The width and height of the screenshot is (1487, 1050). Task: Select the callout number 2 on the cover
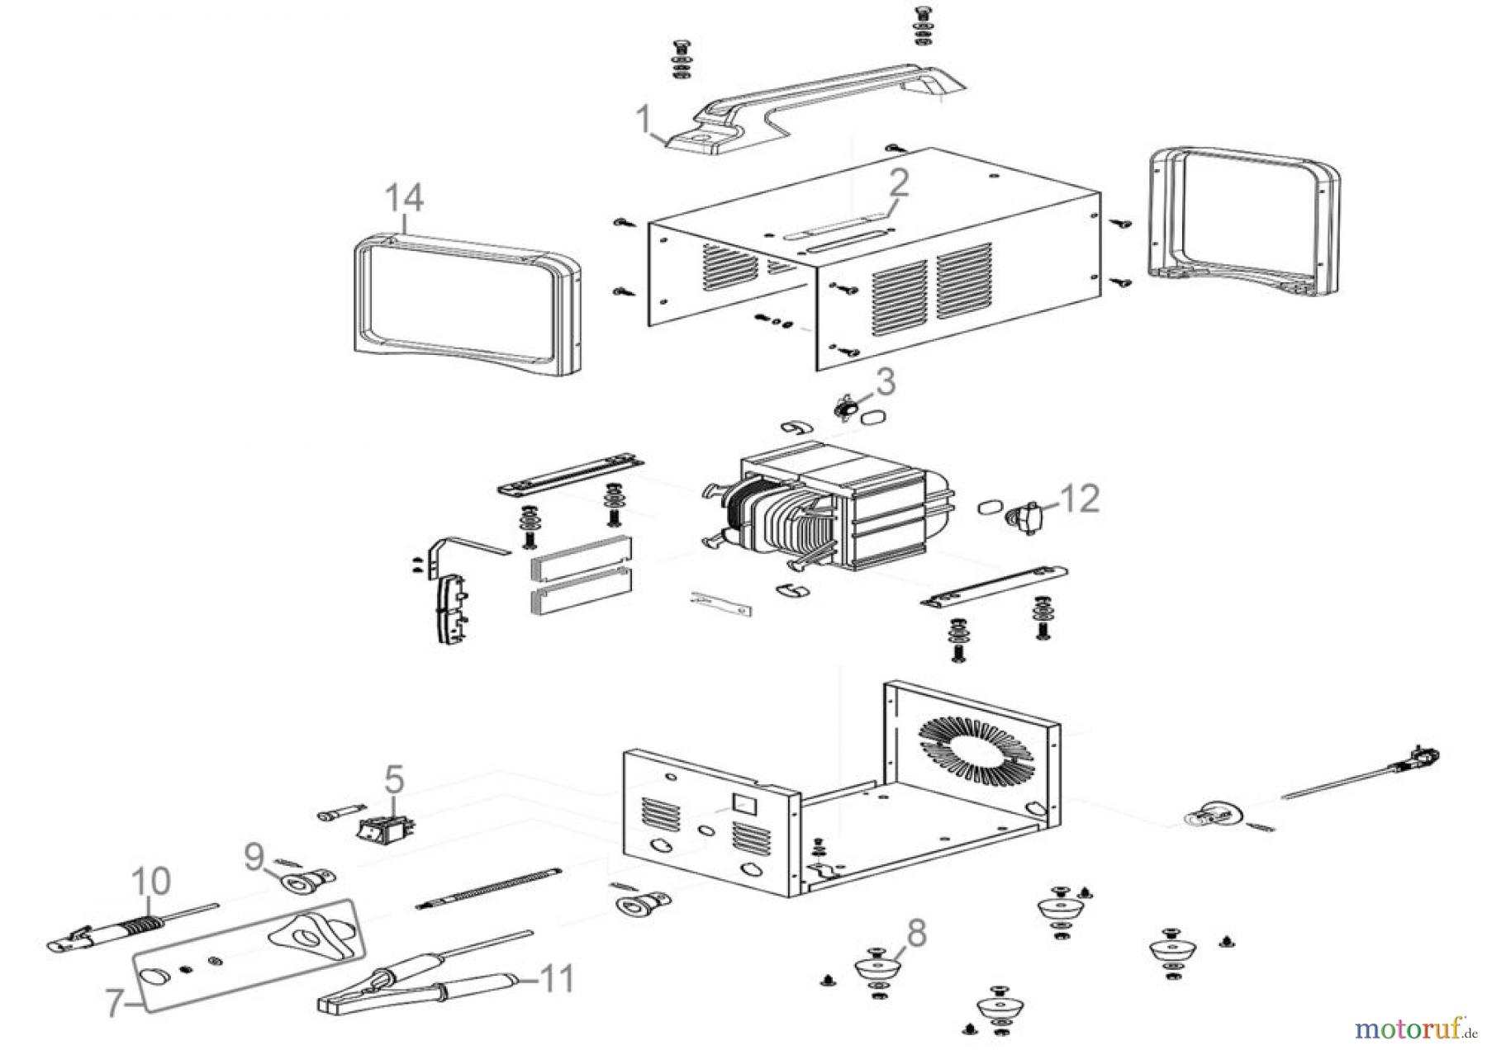(898, 183)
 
